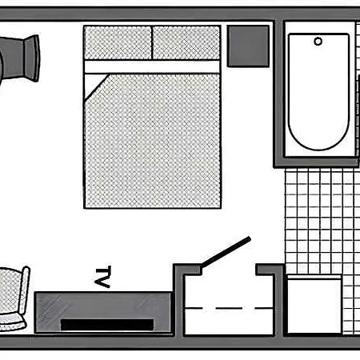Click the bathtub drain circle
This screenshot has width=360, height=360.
[318, 42]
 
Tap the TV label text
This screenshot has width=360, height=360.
[103, 277]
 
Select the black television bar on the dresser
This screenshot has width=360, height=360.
[107, 325]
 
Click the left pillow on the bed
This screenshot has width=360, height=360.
[118, 42]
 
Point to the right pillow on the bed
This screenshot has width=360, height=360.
[186, 42]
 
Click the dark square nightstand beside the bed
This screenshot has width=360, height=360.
[248, 46]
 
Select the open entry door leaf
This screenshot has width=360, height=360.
[226, 252]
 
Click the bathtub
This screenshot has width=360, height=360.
[318, 91]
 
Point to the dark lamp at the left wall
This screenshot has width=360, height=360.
[21, 58]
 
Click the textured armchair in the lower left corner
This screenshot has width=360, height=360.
[14, 298]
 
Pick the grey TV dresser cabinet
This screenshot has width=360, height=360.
[103, 313]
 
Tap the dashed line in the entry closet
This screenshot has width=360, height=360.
[229, 309]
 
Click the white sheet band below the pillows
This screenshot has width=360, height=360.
[152, 66]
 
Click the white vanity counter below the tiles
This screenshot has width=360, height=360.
[314, 304]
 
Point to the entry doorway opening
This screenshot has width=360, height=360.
[229, 270]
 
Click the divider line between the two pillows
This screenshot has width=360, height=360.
[152, 42]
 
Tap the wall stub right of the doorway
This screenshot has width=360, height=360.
[269, 270]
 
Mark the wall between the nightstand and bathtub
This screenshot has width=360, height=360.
[278, 94]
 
